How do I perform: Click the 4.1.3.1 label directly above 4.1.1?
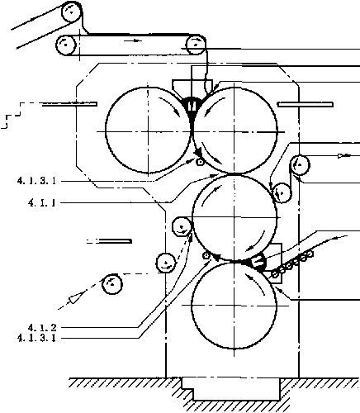(36, 181)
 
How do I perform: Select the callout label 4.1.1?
(42, 203)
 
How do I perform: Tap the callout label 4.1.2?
(42, 328)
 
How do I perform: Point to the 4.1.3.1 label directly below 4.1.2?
(36, 338)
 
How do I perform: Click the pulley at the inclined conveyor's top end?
(72, 12)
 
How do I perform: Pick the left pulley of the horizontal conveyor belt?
(66, 45)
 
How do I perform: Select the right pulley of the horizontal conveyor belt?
(196, 45)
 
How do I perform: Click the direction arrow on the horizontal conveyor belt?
(132, 40)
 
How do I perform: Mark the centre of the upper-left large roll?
(149, 131)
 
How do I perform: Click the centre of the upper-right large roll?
(234, 131)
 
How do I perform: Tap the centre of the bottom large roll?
(234, 305)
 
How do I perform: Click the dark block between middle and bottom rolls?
(258, 261)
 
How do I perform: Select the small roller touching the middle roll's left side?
(182, 227)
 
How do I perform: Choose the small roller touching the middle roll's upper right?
(282, 192)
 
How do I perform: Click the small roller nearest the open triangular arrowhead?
(112, 284)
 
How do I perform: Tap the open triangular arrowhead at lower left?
(76, 297)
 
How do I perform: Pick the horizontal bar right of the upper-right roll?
(306, 105)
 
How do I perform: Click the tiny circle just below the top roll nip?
(200, 162)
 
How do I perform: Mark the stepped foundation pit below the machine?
(230, 389)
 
